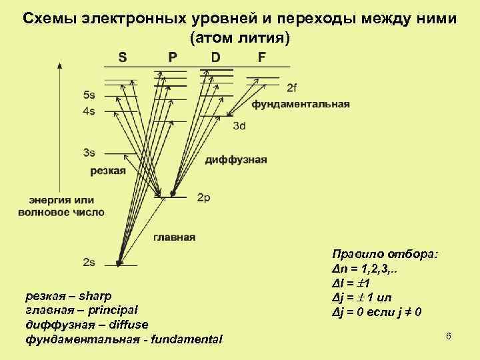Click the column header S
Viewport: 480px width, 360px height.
click(x=123, y=57)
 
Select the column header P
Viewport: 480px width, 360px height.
click(x=173, y=57)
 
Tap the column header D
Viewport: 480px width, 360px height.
click(x=215, y=57)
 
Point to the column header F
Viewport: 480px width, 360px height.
click(x=261, y=57)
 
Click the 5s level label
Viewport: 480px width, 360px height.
click(x=89, y=95)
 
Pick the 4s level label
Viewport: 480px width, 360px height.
click(x=89, y=111)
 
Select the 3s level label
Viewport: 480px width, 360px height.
click(x=89, y=153)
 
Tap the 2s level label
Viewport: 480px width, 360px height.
click(x=89, y=262)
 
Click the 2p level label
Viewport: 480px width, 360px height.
click(x=204, y=198)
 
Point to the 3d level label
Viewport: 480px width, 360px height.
click(x=239, y=126)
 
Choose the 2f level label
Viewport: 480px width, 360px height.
click(x=292, y=87)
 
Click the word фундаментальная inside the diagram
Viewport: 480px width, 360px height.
click(x=301, y=105)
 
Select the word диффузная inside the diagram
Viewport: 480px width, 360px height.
click(x=236, y=160)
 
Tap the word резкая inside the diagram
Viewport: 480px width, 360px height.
click(x=107, y=171)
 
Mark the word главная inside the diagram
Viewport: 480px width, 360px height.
click(x=175, y=237)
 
